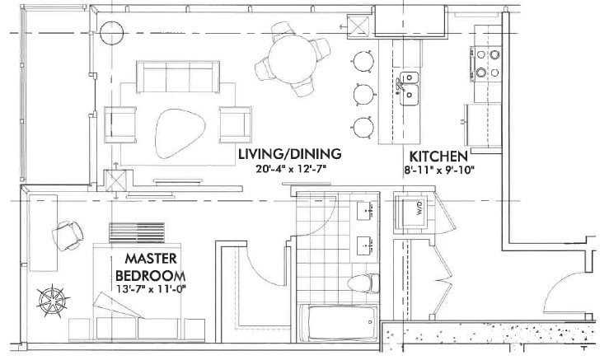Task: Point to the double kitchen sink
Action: click(x=409, y=87)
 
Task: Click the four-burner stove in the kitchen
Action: click(x=485, y=63)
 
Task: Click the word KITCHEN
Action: click(x=438, y=156)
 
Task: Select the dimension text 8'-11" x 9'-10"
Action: click(x=438, y=170)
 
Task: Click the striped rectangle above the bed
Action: click(x=136, y=231)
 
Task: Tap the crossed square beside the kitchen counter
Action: click(x=360, y=25)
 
